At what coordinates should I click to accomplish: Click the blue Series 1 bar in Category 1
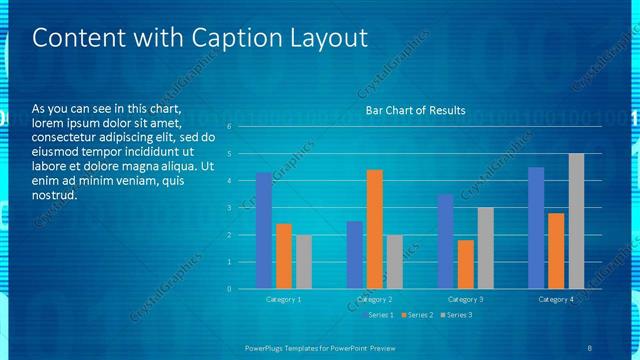click(264, 231)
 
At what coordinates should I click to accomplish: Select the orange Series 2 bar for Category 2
click(375, 229)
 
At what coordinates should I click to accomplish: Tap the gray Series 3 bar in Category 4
click(576, 221)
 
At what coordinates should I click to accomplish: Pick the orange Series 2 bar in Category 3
click(466, 264)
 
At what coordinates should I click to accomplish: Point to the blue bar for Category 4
click(536, 228)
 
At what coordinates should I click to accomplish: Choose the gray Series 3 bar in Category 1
click(304, 262)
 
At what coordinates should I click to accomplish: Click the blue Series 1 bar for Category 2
click(355, 255)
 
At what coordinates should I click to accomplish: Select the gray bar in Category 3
click(486, 248)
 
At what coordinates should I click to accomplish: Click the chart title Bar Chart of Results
click(415, 110)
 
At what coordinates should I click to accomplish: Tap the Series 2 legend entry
click(417, 315)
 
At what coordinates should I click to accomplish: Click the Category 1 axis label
click(284, 299)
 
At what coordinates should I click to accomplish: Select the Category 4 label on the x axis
click(556, 299)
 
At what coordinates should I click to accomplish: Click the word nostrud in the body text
click(55, 195)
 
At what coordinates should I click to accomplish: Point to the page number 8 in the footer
click(589, 347)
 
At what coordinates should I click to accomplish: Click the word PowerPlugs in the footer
click(268, 347)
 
